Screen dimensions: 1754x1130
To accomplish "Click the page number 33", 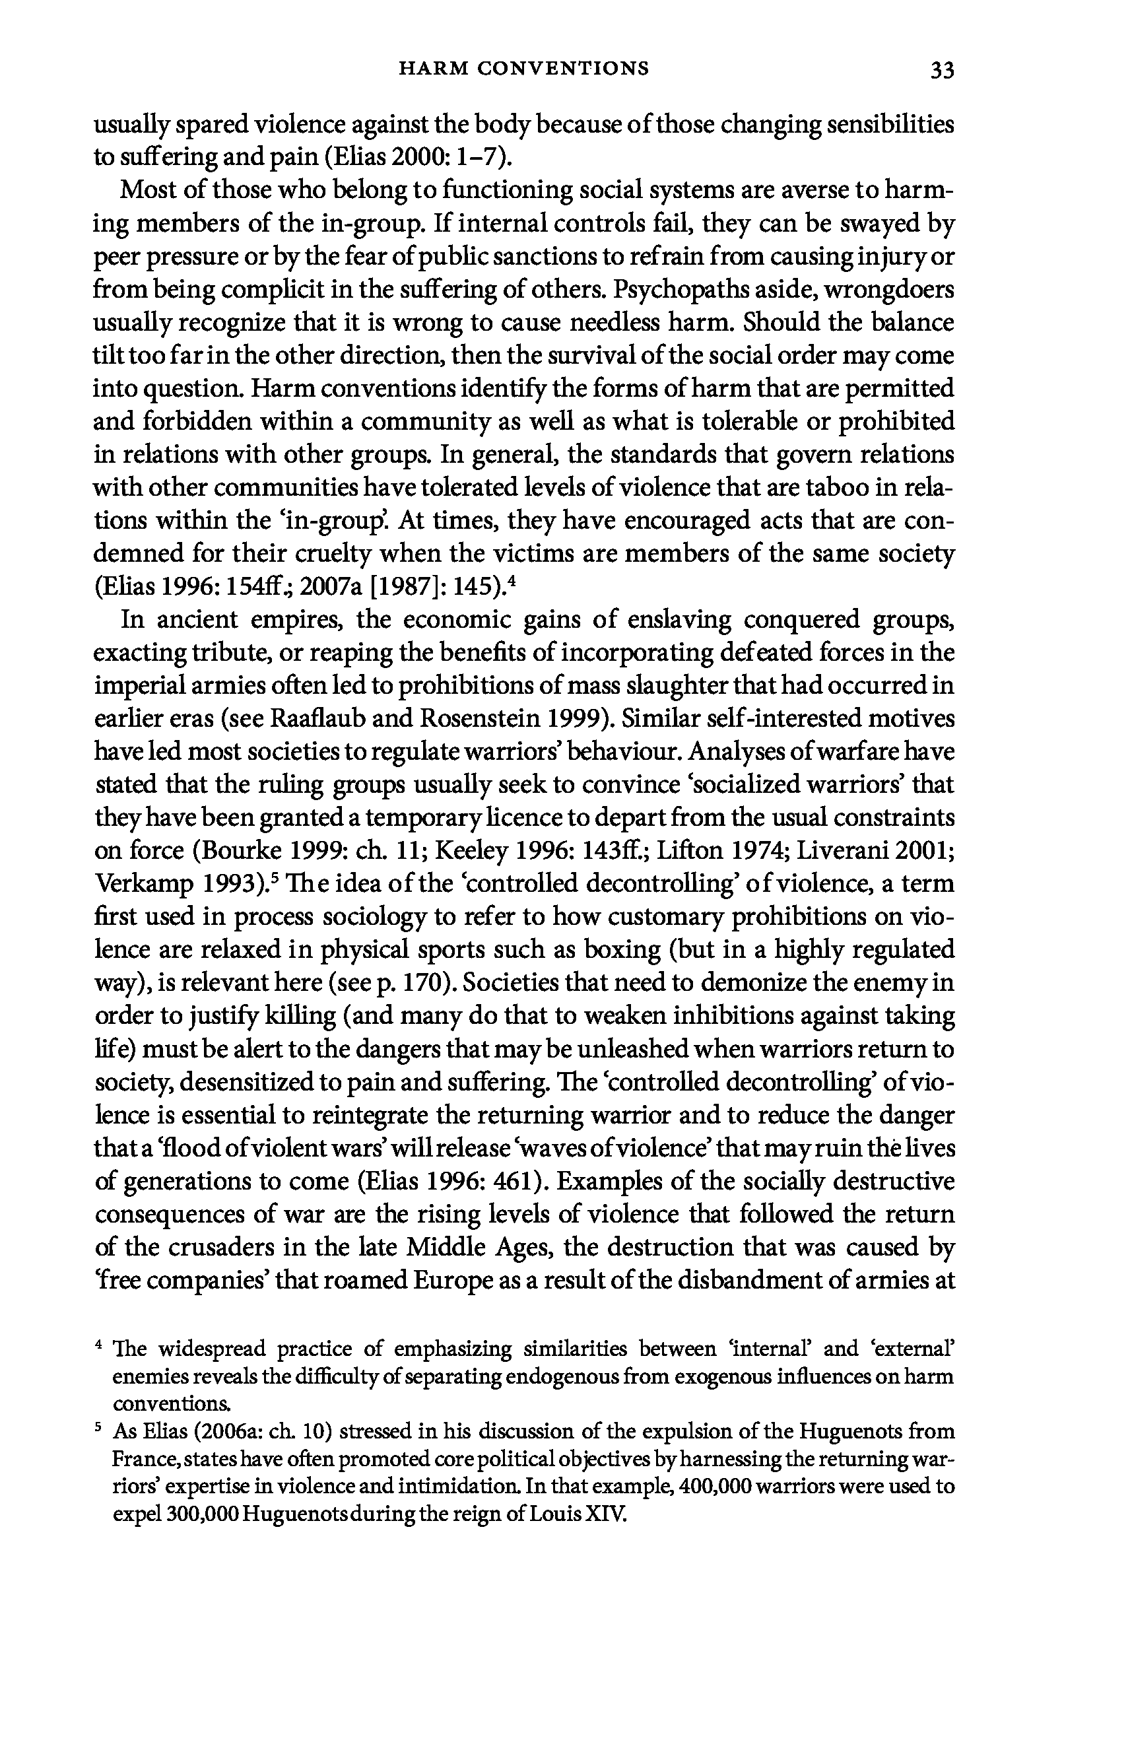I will pos(941,71).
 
